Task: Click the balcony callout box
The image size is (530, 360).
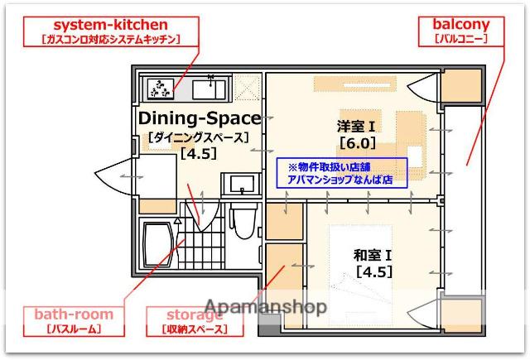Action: click(x=460, y=31)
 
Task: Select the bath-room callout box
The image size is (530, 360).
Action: click(x=74, y=321)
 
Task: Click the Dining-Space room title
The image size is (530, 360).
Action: click(x=200, y=118)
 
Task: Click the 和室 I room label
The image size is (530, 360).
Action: click(x=373, y=255)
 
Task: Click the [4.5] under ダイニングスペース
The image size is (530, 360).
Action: click(x=199, y=154)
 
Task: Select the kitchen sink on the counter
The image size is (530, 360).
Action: click(x=209, y=88)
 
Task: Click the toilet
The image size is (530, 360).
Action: click(x=243, y=221)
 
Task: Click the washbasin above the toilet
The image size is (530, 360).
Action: click(x=241, y=184)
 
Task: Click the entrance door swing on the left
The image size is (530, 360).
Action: click(x=115, y=178)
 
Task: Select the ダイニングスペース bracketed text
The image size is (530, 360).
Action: click(x=199, y=137)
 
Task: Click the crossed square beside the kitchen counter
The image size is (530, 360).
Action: click(x=246, y=87)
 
